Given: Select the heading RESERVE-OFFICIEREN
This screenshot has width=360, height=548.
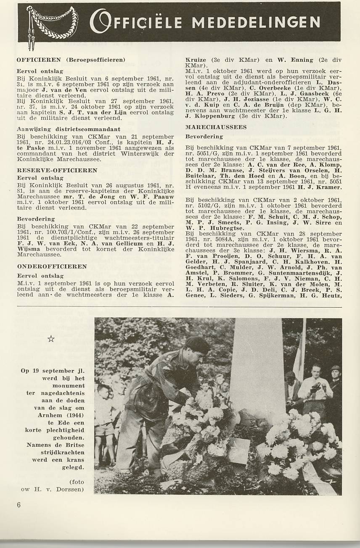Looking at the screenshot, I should [x=57, y=170].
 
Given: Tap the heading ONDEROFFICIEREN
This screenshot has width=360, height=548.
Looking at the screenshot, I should [x=52, y=266].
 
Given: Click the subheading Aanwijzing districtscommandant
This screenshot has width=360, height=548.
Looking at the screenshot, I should [x=69, y=129].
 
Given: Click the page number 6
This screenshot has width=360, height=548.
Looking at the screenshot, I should [x=19, y=505].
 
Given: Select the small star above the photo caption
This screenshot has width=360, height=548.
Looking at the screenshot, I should [x=51, y=339].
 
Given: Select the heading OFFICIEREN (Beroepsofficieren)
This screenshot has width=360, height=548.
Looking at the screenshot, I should [x=71, y=60].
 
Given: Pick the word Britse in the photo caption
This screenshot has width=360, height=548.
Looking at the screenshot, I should [x=74, y=445].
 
